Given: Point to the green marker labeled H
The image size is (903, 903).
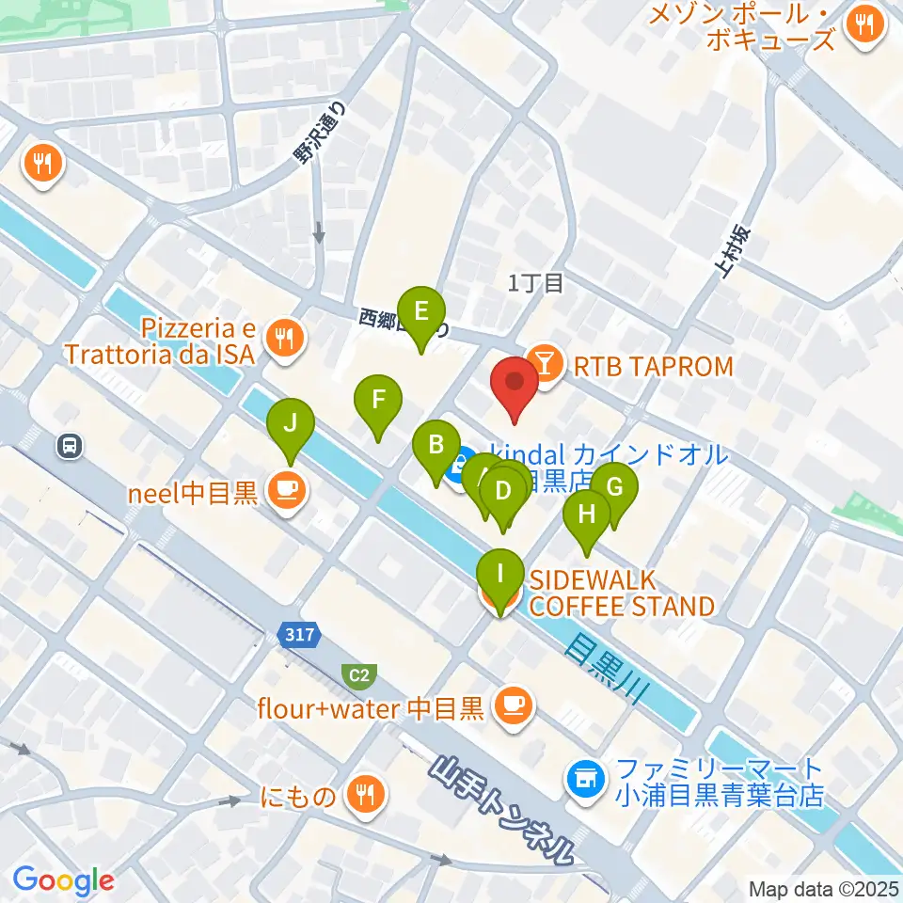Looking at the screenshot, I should (587, 516).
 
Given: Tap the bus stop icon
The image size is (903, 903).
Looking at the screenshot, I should (70, 445).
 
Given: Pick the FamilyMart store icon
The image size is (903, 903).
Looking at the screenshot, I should (586, 778).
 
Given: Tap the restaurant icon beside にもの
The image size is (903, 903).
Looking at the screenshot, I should (361, 797).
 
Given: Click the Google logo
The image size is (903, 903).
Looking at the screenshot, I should (63, 880).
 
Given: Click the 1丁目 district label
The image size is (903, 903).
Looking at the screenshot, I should (535, 283).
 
